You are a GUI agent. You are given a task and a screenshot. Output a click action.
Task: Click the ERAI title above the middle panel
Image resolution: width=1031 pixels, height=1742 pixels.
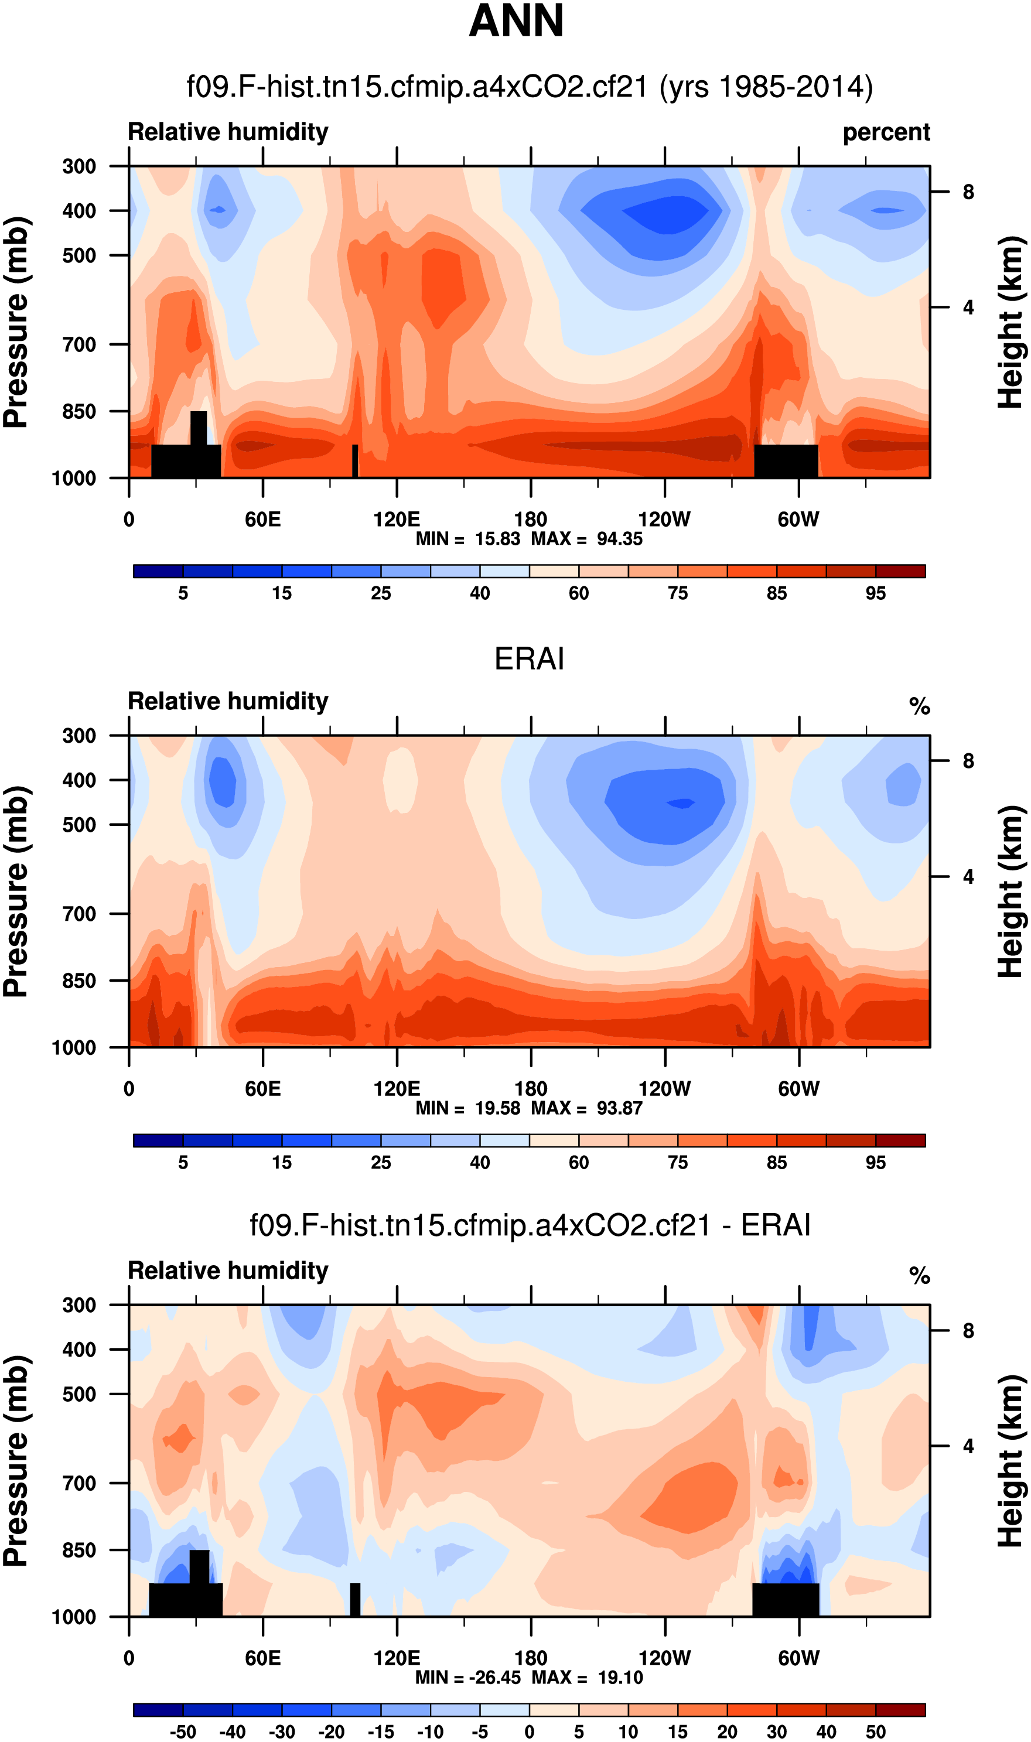tap(529, 658)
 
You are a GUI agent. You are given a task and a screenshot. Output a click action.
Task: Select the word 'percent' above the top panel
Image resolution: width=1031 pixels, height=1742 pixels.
tap(886, 132)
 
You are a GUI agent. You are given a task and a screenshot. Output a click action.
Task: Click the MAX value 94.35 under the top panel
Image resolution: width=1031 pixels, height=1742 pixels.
tap(620, 539)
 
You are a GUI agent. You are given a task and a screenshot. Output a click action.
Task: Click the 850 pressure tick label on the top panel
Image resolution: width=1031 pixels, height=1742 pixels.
tap(79, 412)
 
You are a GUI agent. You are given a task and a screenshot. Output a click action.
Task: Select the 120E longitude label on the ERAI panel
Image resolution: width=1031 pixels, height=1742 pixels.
tap(397, 1088)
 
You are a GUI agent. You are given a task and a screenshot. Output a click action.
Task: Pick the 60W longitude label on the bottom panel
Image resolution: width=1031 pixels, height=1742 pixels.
tap(799, 1658)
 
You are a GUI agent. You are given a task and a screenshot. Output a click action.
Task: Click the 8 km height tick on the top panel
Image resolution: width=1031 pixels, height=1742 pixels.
tap(968, 192)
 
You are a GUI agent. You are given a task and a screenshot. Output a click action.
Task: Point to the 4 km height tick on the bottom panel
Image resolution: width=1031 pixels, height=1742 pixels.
tap(968, 1446)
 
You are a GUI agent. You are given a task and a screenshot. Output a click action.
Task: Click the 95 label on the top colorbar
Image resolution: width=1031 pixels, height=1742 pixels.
tap(875, 593)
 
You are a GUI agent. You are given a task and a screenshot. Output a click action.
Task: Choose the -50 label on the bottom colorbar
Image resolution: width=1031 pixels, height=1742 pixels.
tap(183, 1732)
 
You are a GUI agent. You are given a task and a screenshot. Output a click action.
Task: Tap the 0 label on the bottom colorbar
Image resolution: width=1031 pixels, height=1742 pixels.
tap(530, 1732)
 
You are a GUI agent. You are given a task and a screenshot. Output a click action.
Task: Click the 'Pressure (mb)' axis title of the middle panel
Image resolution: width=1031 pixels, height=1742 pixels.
tap(16, 892)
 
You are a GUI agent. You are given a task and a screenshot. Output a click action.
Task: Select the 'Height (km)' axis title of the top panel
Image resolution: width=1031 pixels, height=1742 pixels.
tap(1012, 322)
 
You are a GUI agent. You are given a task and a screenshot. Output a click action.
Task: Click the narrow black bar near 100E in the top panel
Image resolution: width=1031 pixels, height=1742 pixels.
tap(355, 460)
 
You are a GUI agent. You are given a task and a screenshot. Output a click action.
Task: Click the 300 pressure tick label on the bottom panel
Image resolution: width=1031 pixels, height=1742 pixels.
tap(79, 1305)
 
